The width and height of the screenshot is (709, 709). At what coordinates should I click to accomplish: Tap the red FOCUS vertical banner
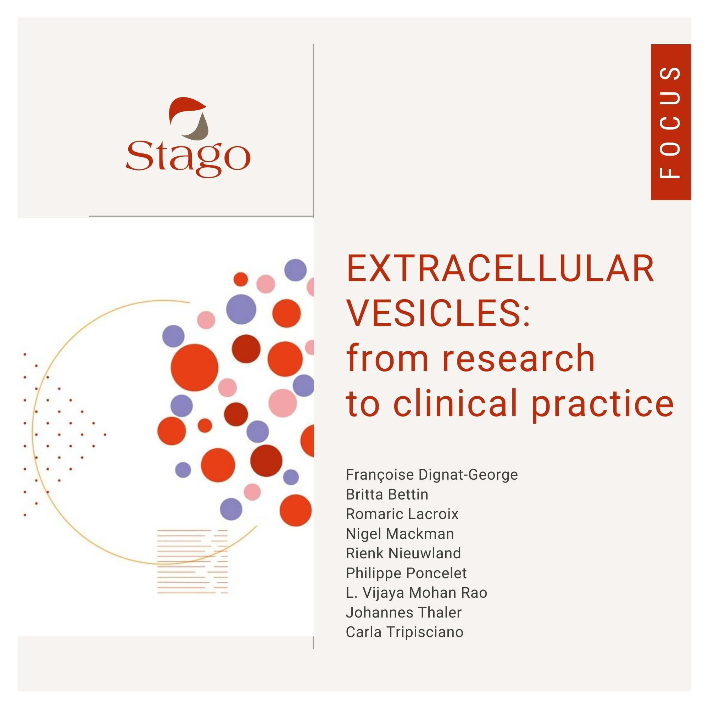point(670,122)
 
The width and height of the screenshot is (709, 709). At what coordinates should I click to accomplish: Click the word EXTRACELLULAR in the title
point(500,269)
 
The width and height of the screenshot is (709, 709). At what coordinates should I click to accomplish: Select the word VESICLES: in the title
point(438,314)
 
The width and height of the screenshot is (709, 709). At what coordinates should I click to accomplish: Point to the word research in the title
point(518,358)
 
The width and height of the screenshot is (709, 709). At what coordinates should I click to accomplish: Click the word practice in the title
point(602,404)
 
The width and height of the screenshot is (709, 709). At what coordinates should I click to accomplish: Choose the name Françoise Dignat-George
point(431,475)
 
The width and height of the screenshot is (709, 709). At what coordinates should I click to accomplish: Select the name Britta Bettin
point(387,495)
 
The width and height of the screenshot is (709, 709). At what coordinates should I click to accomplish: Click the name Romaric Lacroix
point(402,514)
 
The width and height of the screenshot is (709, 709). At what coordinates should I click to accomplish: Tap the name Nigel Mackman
point(400,534)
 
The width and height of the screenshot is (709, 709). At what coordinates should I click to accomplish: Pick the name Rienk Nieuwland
point(403,553)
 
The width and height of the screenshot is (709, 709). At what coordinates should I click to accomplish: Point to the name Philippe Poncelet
point(406,573)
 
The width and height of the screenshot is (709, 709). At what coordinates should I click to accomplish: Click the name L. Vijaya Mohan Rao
point(416,593)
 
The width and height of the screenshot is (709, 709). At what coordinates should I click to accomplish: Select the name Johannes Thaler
point(403,613)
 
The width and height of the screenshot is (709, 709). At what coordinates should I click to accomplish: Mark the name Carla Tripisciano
point(404,632)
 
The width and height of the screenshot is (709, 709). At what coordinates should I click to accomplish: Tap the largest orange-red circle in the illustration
point(195,367)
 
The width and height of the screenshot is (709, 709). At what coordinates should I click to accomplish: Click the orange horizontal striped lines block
point(192,562)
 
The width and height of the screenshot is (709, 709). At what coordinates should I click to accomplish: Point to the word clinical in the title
point(455,404)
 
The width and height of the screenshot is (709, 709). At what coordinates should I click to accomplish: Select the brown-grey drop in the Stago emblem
point(199,129)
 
